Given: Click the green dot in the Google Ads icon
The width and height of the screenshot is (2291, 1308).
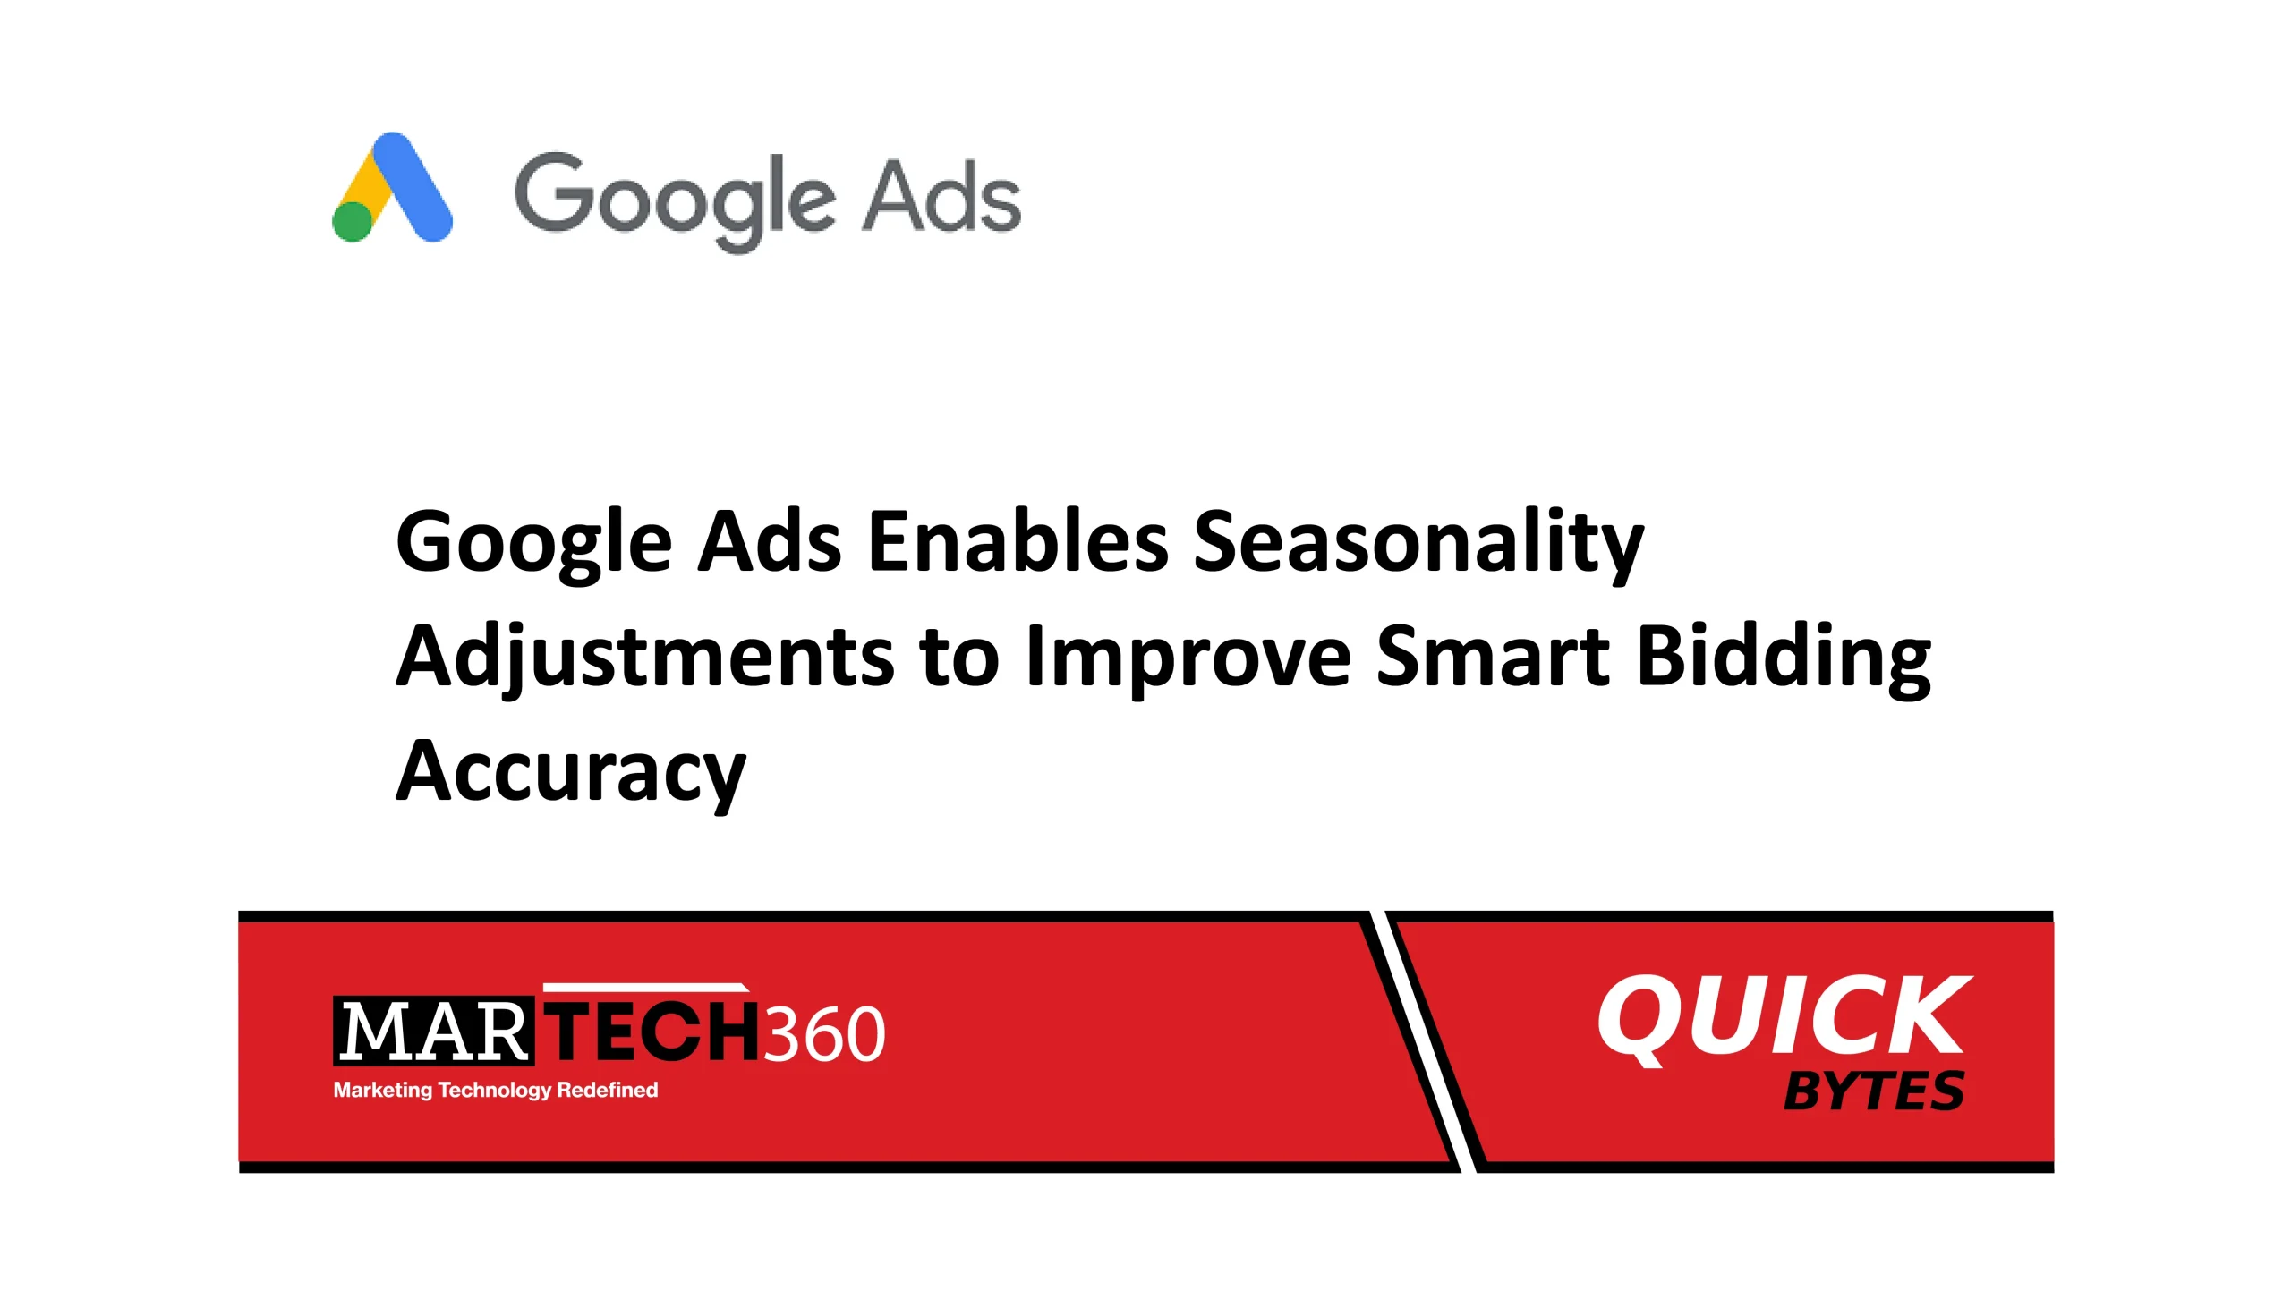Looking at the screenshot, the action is (353, 221).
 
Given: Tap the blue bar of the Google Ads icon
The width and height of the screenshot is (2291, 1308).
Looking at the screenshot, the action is (413, 187).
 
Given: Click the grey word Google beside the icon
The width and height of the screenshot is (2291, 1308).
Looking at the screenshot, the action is (675, 202).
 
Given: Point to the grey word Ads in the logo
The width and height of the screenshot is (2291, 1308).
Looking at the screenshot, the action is (941, 197).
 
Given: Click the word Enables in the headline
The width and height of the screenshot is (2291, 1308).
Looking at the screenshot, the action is (1018, 540).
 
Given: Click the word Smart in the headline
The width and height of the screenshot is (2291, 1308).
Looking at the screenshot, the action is (1493, 656).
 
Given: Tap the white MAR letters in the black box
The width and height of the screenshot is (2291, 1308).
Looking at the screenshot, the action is (433, 1032).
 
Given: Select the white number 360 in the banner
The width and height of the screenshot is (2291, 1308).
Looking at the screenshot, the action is (824, 1034).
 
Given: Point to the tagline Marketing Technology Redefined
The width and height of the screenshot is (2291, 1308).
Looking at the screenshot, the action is (495, 1090).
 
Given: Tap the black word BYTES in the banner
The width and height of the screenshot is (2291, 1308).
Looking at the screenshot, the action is (1873, 1091).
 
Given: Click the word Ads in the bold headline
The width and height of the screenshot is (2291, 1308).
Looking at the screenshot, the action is (770, 540).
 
